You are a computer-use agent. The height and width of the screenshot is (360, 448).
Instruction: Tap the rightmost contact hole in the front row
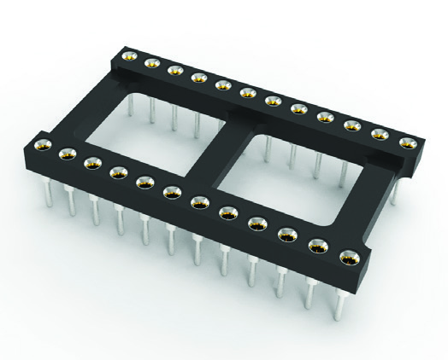348,257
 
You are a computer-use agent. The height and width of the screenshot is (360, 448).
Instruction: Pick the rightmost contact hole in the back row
405,142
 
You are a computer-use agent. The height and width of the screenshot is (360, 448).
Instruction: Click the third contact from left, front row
92,162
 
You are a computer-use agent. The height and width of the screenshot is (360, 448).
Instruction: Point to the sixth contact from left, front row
171,191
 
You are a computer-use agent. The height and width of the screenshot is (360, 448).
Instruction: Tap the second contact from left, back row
151,61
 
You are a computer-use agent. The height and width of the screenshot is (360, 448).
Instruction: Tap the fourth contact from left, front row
118,171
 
